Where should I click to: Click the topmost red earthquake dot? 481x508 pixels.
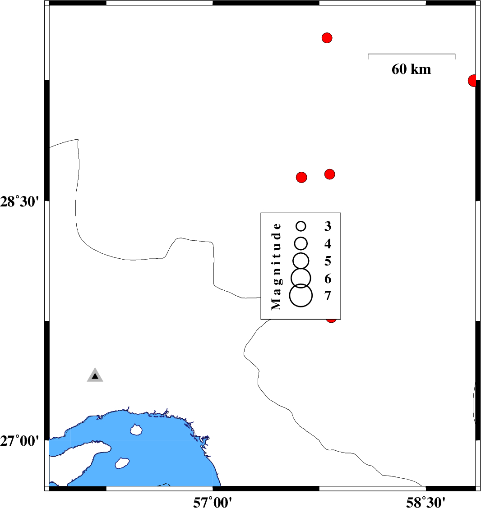coord(327,38)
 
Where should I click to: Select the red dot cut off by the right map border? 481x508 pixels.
coord(472,81)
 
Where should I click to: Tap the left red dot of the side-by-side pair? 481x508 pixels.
coord(301,177)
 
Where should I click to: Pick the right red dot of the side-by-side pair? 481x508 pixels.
coord(330,174)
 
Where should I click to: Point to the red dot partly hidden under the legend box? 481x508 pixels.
coord(332,320)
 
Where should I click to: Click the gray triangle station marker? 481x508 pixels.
coord(95,375)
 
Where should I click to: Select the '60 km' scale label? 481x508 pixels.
coord(411,69)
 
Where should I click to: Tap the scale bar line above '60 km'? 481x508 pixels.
coord(411,55)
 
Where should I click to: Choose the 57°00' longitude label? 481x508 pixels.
coord(213,501)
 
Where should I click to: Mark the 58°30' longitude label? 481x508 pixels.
coord(425,501)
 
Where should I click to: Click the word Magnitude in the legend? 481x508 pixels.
coord(276,266)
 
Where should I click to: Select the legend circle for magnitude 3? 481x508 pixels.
coord(301,226)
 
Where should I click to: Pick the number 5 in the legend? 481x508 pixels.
coord(328,261)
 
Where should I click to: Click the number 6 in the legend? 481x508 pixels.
coord(328,279)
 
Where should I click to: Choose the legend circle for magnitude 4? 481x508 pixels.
coord(301,243)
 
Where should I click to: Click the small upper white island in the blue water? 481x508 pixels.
coord(135,430)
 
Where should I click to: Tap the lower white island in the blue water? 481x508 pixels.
coord(122,463)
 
